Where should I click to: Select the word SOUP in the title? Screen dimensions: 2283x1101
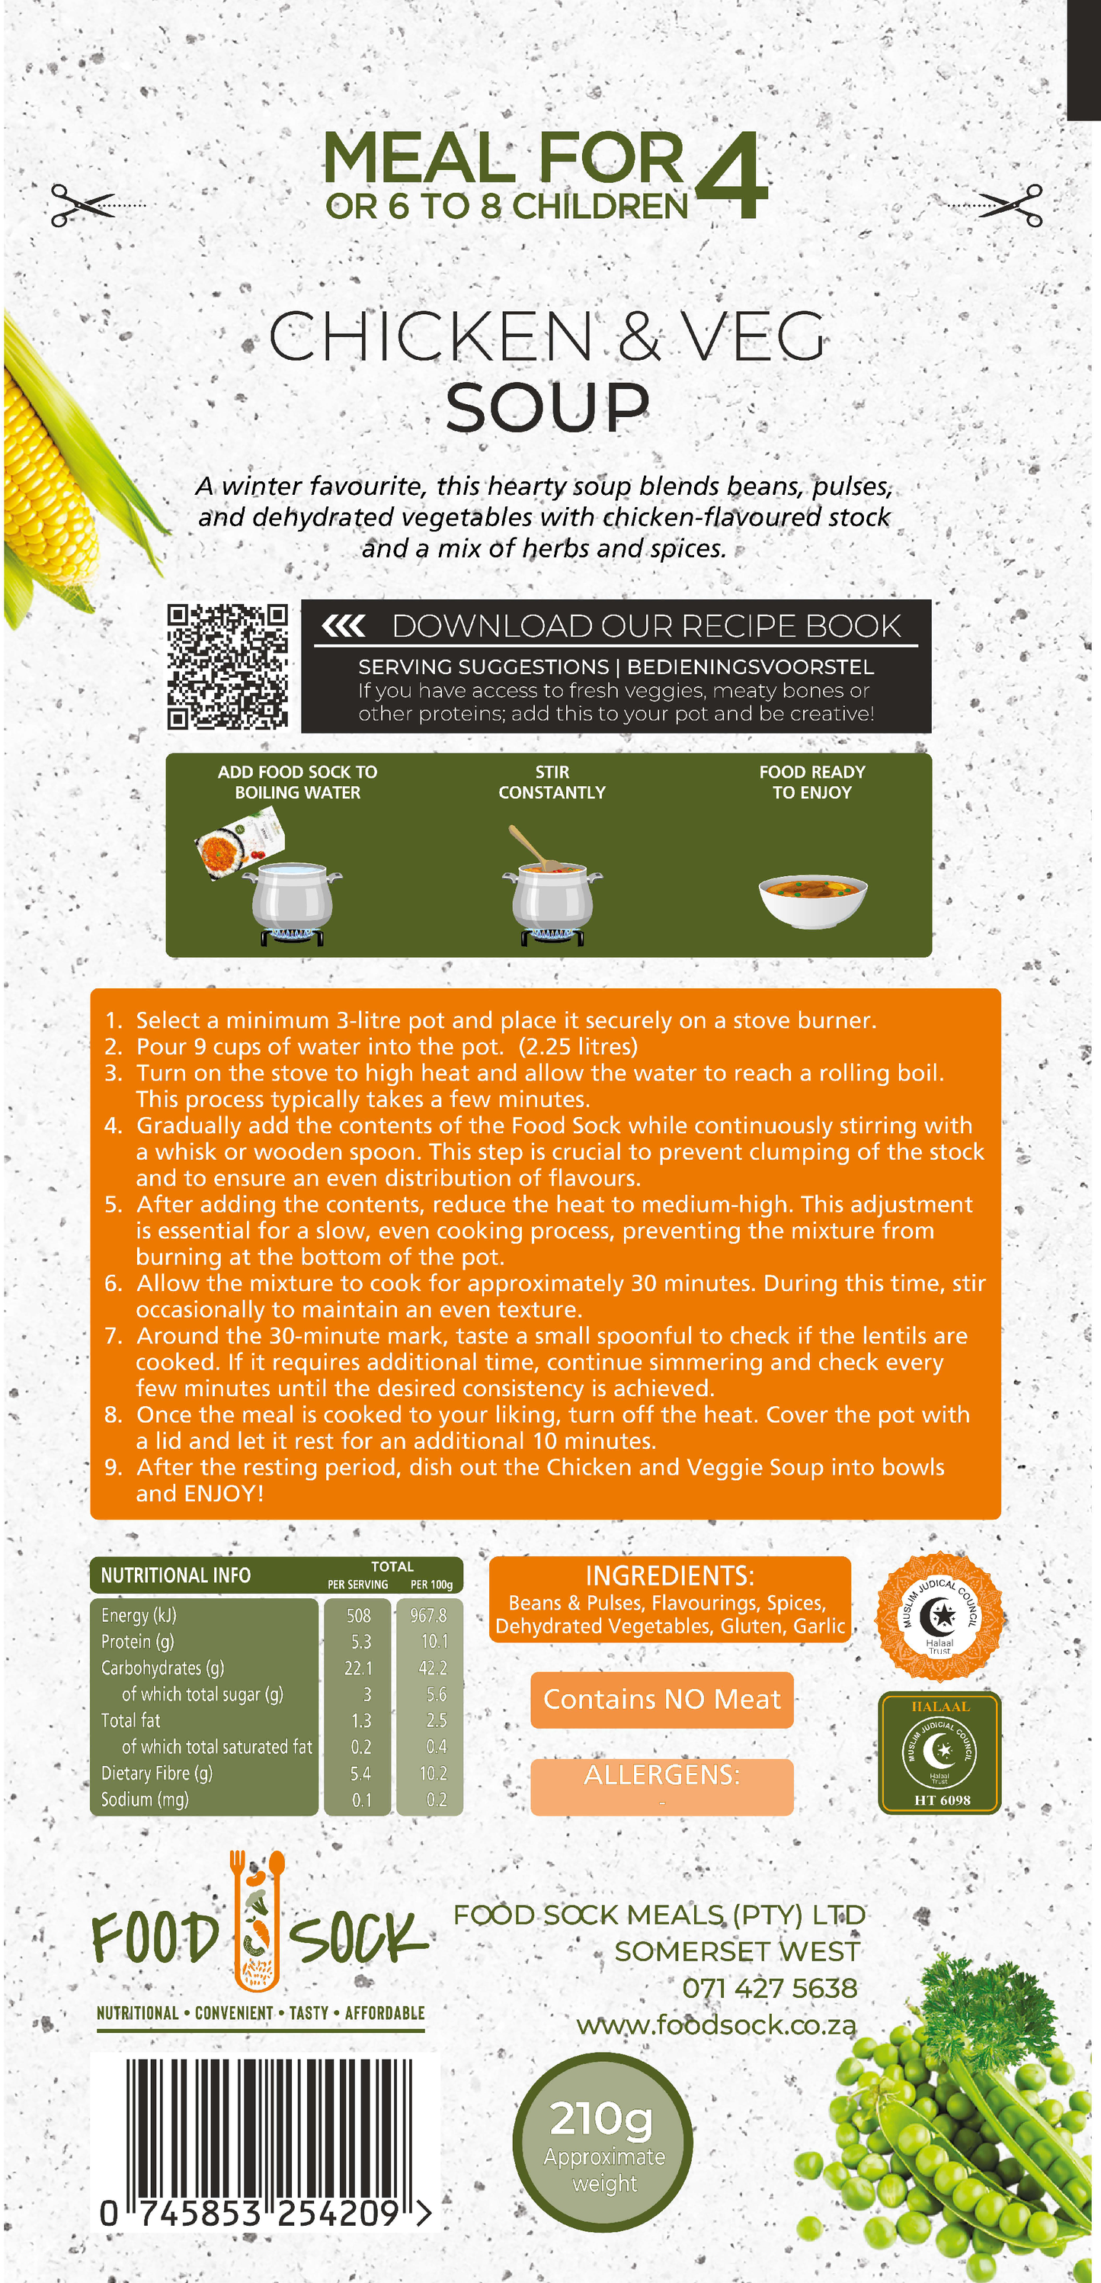point(547,409)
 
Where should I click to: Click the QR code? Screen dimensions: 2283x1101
point(228,666)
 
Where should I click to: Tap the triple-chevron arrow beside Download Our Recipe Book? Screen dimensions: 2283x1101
point(344,627)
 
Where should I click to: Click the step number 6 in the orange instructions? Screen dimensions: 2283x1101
point(114,1283)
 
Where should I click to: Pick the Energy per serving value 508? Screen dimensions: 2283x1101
point(358,1616)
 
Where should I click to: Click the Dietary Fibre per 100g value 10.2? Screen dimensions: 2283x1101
point(433,1774)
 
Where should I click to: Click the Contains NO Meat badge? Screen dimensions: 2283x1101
point(661,1699)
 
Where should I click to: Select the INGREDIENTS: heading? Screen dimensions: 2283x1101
point(670,1576)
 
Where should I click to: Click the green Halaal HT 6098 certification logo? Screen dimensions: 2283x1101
point(939,1752)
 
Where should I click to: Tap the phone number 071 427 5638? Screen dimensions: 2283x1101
point(769,1988)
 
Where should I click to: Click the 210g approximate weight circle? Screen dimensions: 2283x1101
point(603,2141)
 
